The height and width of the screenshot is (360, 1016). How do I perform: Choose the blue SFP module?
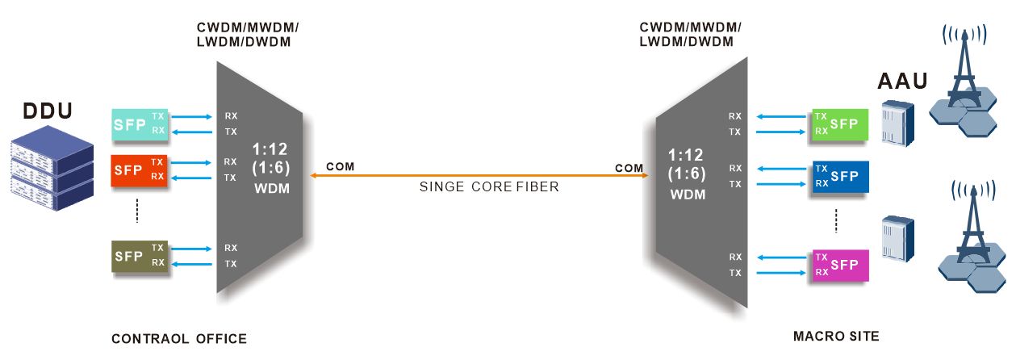[840, 177]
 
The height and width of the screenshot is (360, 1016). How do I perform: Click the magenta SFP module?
[840, 265]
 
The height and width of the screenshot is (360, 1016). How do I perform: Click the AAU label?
[903, 81]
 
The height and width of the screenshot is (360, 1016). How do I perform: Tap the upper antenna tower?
[964, 81]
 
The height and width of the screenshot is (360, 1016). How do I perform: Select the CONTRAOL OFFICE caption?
[179, 338]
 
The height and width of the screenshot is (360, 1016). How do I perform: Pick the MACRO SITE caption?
[836, 335]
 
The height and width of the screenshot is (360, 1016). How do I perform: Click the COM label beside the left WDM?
[340, 167]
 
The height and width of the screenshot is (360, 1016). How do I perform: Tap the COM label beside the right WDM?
[629, 168]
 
